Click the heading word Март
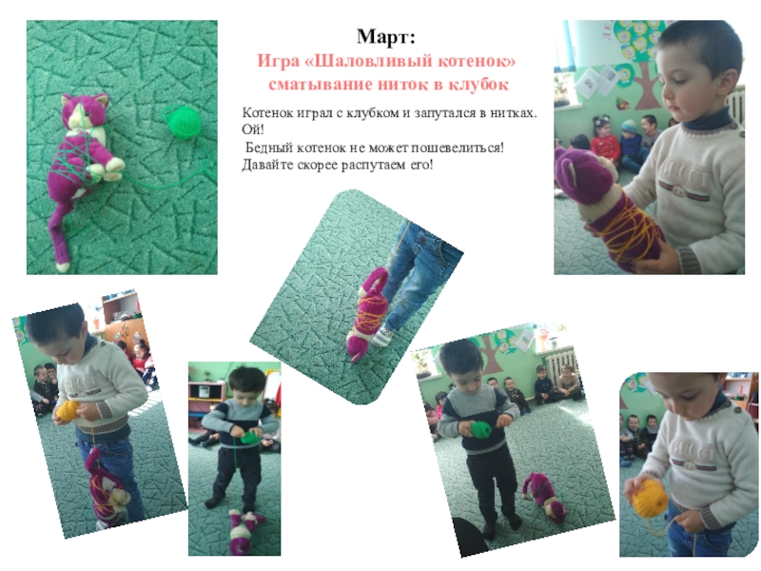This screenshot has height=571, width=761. click(x=386, y=37)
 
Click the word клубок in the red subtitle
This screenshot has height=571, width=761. click(x=478, y=85)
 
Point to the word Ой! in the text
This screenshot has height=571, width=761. click(x=253, y=130)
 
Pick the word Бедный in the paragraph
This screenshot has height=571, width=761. click(x=268, y=148)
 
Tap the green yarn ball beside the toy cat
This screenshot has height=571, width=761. click(x=183, y=122)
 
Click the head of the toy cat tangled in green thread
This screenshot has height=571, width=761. click(x=84, y=112)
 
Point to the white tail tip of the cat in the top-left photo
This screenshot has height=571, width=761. click(x=63, y=266)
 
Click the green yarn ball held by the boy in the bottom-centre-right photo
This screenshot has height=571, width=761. click(x=480, y=429)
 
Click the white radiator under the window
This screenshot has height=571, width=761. click(x=559, y=364)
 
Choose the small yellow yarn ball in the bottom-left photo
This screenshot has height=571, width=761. click(x=68, y=411)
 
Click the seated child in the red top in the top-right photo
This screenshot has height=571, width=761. click(x=604, y=140)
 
